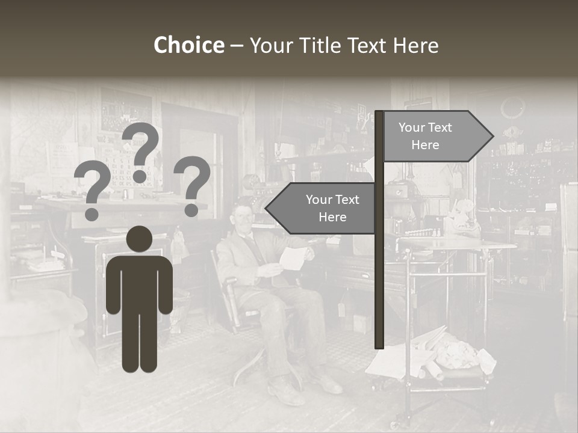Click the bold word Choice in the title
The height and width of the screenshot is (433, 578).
tap(188, 46)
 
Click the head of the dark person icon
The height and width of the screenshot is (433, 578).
tap(139, 239)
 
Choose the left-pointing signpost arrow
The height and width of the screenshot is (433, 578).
tap(322, 208)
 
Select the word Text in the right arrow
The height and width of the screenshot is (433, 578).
tap(441, 127)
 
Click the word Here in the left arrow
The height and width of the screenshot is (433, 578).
tap(332, 217)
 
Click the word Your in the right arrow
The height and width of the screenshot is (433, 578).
tap(412, 127)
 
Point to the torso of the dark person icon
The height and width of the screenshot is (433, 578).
tap(139, 283)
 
